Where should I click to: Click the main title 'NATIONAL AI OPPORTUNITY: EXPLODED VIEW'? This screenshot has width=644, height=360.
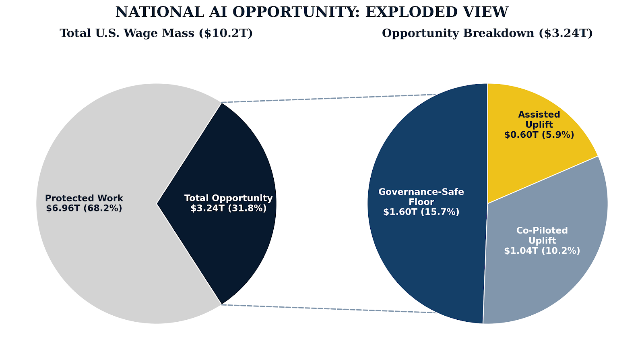coord(312,12)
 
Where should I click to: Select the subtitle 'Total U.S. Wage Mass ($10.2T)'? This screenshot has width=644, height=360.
coord(156,33)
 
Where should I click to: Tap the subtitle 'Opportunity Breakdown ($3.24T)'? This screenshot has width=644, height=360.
coord(487,33)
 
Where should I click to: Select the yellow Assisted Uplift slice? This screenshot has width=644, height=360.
coord(523,161)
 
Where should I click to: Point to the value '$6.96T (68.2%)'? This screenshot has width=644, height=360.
coord(84,209)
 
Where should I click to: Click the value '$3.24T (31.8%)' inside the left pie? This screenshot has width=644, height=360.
coord(228,209)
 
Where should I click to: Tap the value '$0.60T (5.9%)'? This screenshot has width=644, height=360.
coord(539,135)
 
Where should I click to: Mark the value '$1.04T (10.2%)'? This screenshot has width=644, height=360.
coord(542,251)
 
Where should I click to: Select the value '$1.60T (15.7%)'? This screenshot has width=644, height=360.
coord(421,212)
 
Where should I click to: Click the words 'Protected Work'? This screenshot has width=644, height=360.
coord(84,199)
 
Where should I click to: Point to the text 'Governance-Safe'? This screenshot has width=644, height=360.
coord(421,192)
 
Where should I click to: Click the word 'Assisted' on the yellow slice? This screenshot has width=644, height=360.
coord(539,115)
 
